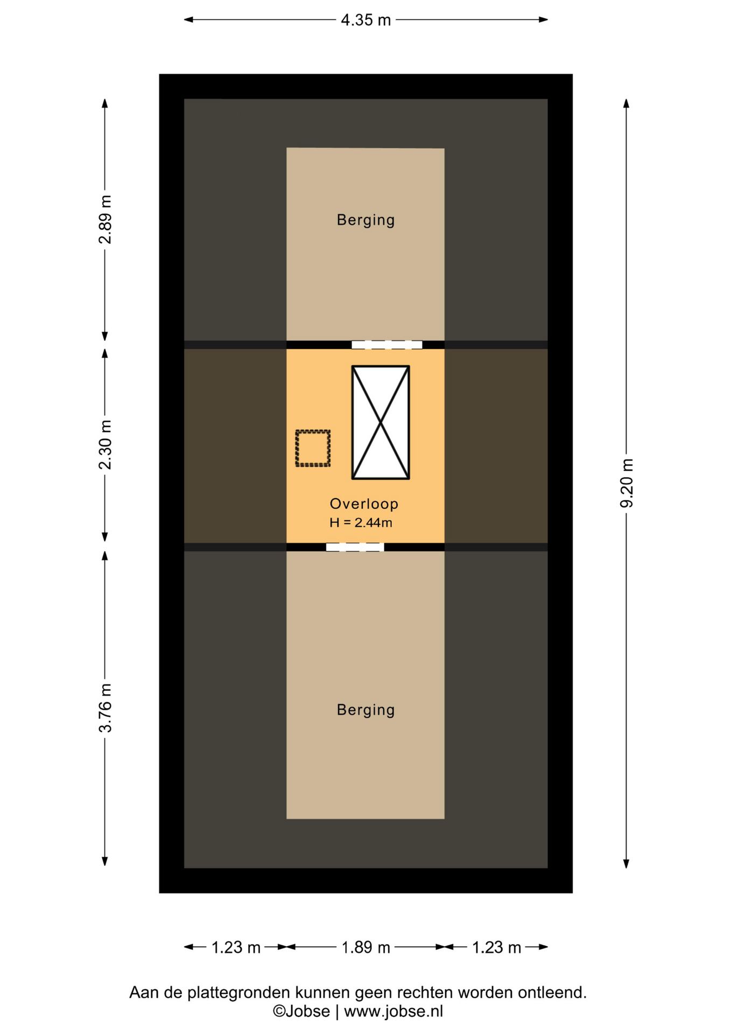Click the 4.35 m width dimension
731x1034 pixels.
pos(365,20)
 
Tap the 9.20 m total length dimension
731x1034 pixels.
pos(627,483)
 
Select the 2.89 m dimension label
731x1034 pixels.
pos(106,220)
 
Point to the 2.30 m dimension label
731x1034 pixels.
pos(106,445)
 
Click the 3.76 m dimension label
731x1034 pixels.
pos(106,708)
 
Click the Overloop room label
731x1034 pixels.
pos(364,504)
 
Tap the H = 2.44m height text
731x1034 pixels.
pos(361,522)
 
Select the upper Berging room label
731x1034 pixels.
pos(365,220)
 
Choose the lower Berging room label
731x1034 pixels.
pos(365,710)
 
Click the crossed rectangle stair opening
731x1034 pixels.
pos(381,423)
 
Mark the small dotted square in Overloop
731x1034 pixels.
pos(313,448)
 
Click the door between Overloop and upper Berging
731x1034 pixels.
pos(386,345)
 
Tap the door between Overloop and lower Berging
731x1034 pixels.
pos(355,547)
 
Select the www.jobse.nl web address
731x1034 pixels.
pos(393,1011)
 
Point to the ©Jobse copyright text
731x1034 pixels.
pos(301,1011)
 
